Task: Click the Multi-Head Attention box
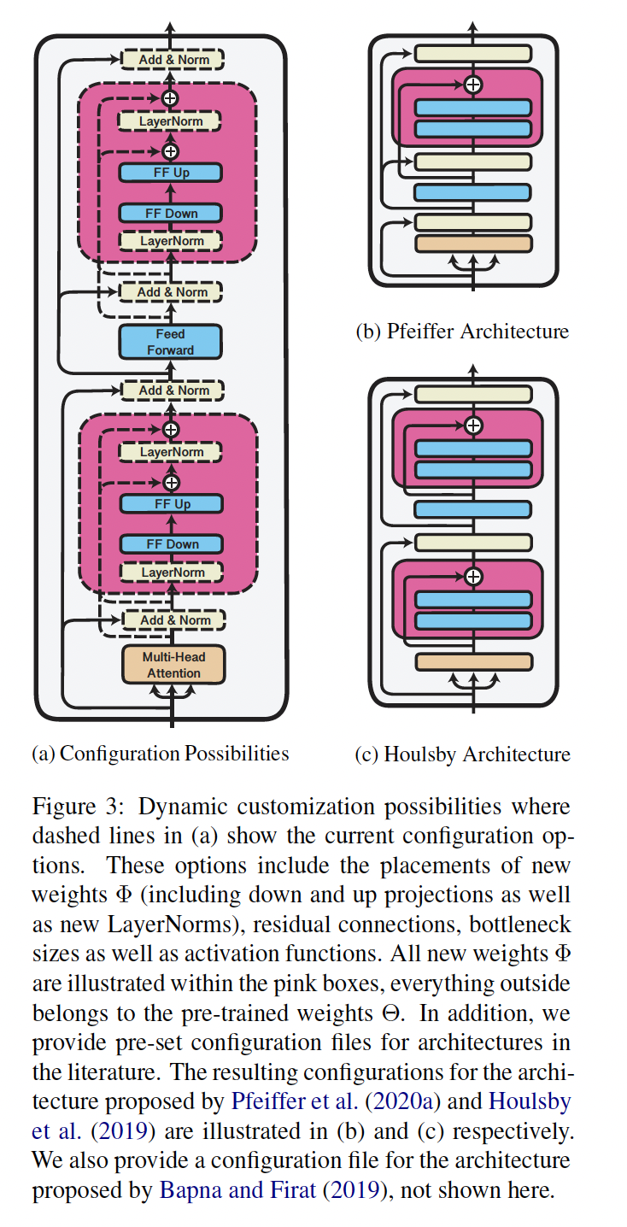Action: [173, 665]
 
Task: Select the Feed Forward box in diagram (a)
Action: [170, 342]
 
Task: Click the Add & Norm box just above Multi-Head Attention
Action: [174, 620]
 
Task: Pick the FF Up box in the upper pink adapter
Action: [170, 173]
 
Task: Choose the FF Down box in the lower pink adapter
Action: [172, 544]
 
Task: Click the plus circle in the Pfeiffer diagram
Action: [472, 85]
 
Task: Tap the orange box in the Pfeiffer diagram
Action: [472, 244]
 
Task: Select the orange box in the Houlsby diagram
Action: [472, 661]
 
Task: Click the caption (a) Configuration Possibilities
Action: [161, 754]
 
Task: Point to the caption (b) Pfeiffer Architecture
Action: [462, 332]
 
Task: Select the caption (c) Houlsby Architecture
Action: [462, 754]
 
